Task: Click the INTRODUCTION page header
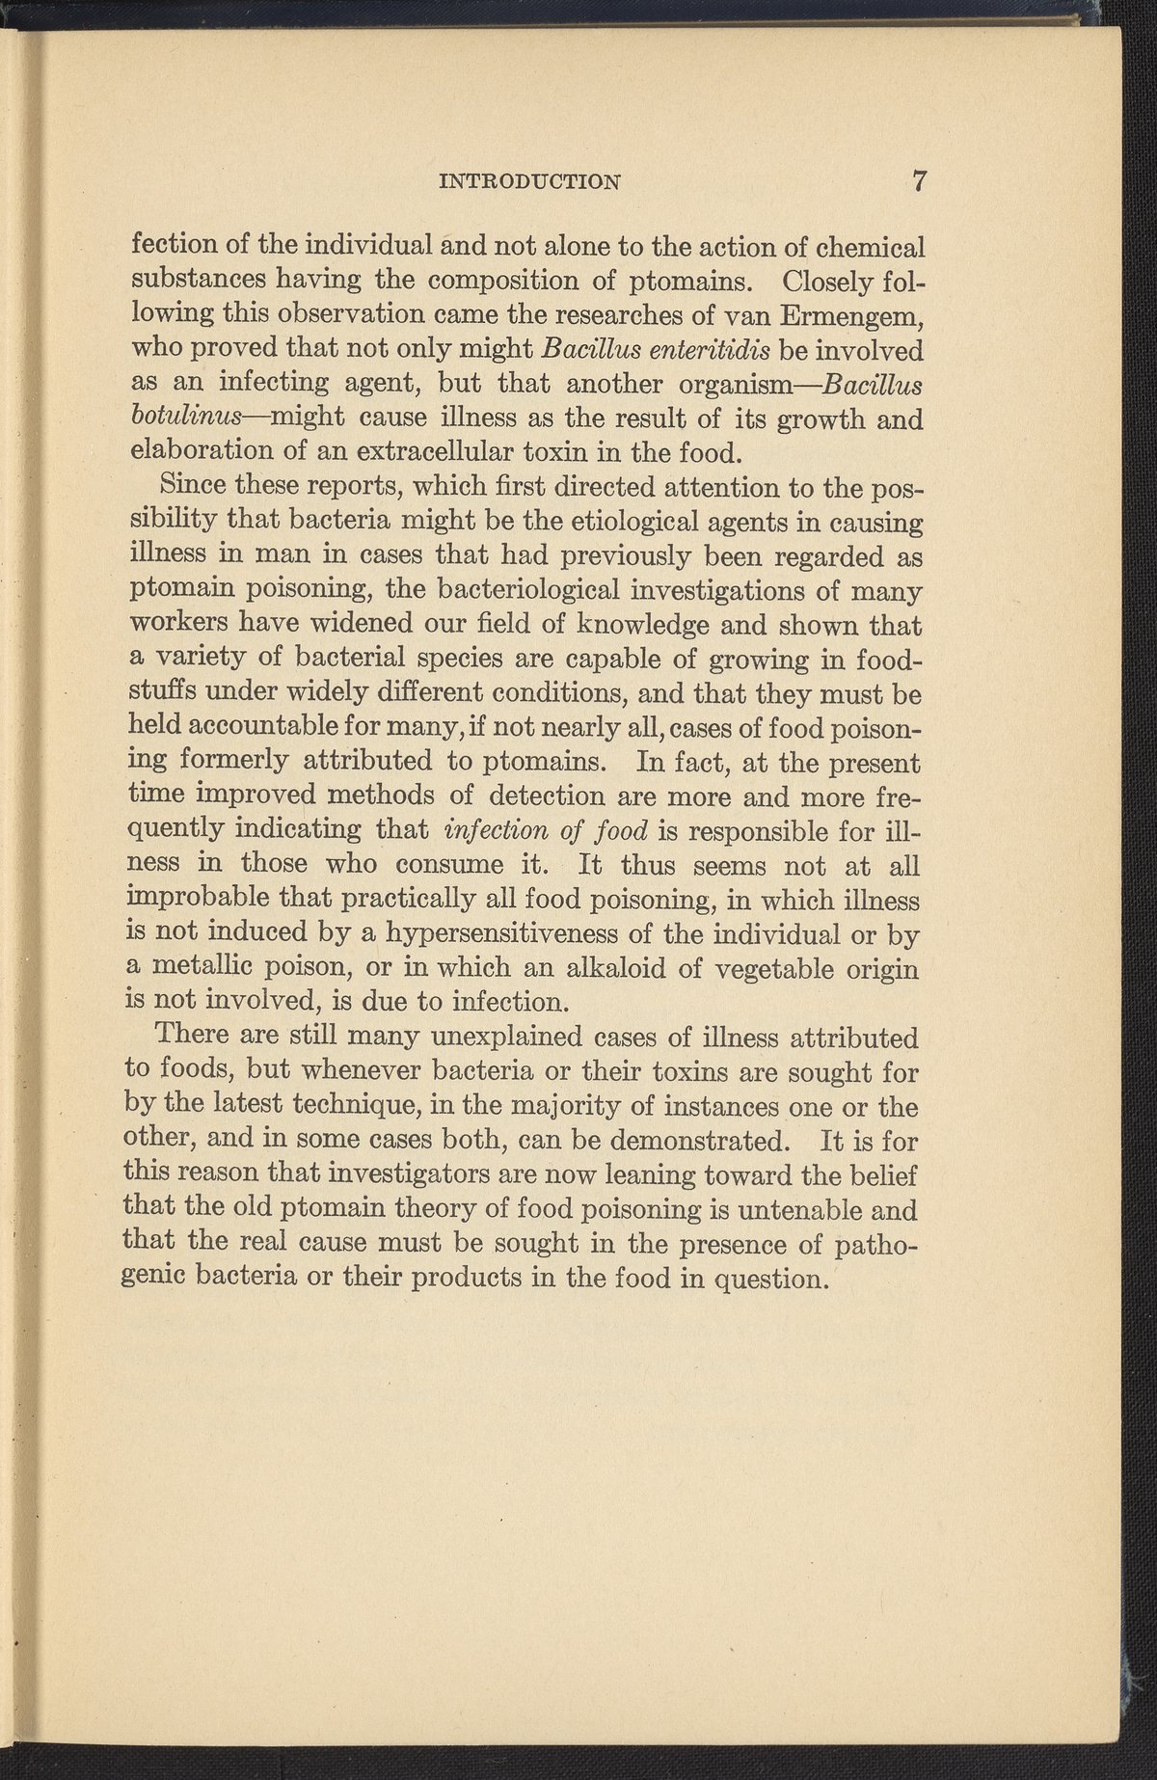[x=529, y=180]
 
